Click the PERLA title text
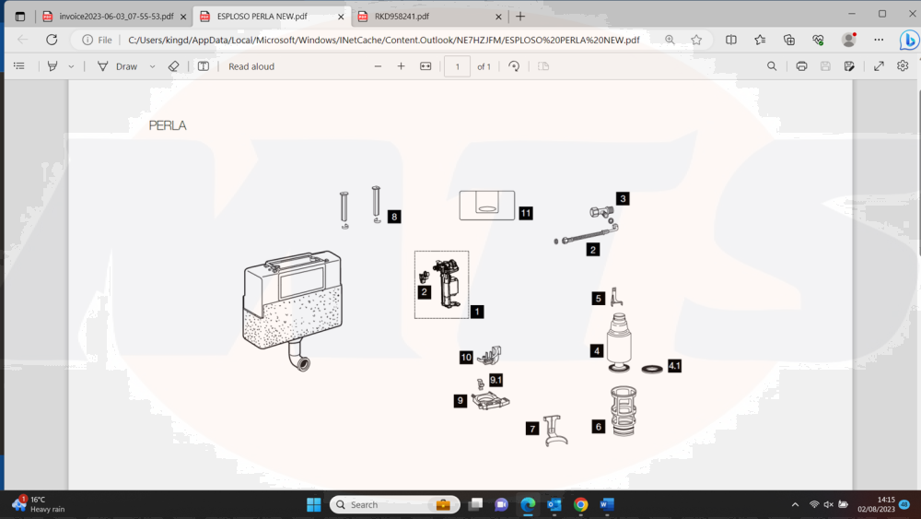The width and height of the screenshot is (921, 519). tap(168, 125)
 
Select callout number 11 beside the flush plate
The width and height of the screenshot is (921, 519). tap(526, 213)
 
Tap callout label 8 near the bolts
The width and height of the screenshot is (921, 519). tap(394, 217)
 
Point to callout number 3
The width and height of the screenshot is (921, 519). tap(623, 199)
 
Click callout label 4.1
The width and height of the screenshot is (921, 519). tap(674, 366)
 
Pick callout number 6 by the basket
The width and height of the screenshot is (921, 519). tap(598, 427)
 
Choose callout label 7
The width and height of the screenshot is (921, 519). tap(532, 429)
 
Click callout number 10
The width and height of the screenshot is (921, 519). tap(466, 358)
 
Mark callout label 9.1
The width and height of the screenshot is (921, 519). tap(495, 380)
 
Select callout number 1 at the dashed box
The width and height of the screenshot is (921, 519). tap(477, 312)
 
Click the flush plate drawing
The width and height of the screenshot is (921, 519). tap(487, 206)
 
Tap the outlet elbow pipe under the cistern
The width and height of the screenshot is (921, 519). tap(298, 356)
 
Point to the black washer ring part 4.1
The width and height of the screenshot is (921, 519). tap(652, 369)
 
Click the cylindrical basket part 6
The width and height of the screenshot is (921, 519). tap(624, 410)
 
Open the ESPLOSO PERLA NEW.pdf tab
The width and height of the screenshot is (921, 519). tap(262, 17)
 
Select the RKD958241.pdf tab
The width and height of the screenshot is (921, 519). tap(402, 17)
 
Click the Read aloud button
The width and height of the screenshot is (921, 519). tap(251, 66)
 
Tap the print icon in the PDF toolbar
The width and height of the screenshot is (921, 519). tap(801, 66)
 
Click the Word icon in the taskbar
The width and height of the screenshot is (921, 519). tap(607, 504)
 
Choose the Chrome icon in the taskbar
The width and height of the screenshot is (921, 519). tap(580, 504)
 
